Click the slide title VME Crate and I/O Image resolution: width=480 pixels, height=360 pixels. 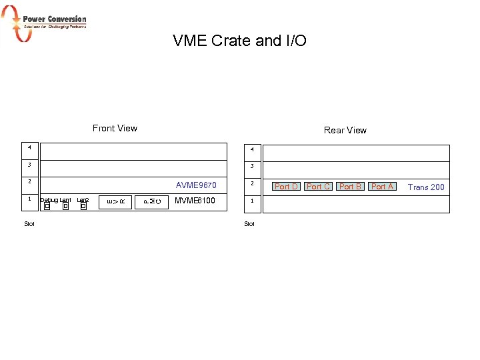[239, 41]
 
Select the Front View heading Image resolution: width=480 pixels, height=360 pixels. [115, 128]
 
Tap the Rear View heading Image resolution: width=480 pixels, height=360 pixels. [345, 130]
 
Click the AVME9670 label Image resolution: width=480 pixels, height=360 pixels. [196, 185]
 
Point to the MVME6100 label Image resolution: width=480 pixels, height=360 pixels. [195, 200]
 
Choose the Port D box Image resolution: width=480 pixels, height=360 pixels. [287, 187]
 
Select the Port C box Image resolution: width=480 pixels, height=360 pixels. [318, 187]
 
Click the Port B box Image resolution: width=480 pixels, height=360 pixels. [350, 187]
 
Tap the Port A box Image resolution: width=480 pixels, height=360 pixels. [382, 187]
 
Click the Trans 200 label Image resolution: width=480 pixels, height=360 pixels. [426, 187]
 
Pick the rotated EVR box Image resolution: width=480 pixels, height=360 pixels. [117, 201]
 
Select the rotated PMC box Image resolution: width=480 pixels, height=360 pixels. [152, 201]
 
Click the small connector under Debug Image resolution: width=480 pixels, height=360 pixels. [47, 207]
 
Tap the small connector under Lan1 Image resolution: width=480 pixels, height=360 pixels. [65, 207]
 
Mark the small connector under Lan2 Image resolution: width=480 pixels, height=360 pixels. [83, 207]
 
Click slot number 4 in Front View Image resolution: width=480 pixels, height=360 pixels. [29, 146]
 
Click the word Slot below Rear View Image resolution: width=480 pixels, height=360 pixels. [249, 224]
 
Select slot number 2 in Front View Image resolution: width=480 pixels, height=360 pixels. [29, 181]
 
